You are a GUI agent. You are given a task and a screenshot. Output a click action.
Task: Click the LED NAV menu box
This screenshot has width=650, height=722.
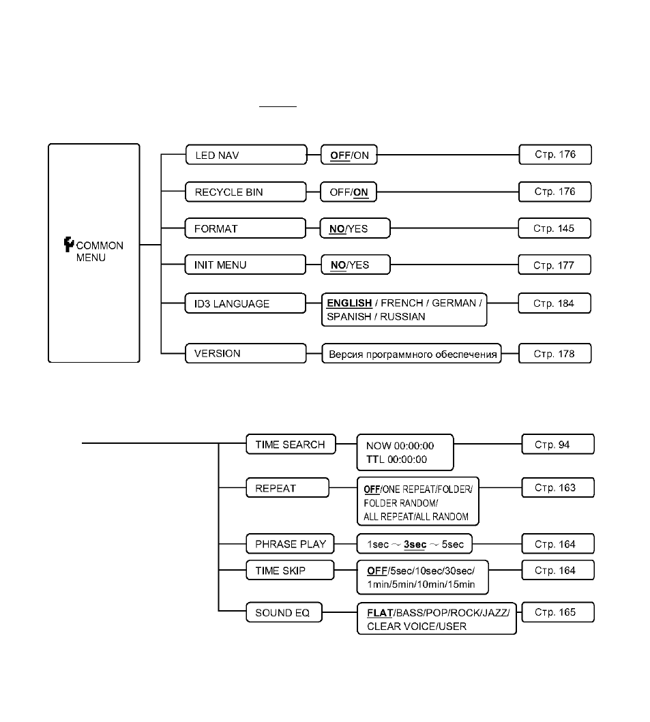point(246,155)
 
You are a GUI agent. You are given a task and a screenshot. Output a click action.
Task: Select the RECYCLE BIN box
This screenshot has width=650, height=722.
point(246,192)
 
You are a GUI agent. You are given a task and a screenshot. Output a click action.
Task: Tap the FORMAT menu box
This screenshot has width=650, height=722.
point(245,228)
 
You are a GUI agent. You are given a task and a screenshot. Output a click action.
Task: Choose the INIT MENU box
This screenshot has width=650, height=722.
point(245,265)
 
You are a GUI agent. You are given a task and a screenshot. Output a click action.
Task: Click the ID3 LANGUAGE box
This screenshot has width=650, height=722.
point(245,303)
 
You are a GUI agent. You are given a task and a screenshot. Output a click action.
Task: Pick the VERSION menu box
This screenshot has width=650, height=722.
point(246,353)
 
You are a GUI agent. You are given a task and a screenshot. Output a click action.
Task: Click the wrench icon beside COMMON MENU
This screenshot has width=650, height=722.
point(69,245)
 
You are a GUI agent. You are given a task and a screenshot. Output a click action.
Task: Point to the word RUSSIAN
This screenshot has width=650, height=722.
point(402,317)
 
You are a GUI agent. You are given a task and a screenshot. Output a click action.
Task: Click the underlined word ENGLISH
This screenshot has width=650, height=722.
point(349,303)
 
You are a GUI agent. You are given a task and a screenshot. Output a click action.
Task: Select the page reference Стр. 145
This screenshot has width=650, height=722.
point(555,228)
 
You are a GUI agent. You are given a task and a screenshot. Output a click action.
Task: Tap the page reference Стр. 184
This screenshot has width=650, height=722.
point(555,303)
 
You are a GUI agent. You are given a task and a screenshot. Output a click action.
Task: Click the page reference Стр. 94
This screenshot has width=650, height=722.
point(558,445)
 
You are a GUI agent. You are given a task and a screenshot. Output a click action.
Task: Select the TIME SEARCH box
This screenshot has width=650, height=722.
point(291,445)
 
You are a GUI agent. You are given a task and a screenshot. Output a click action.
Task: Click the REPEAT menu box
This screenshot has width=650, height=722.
point(287,488)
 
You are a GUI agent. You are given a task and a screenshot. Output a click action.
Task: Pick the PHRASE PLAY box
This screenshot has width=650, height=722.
point(291,544)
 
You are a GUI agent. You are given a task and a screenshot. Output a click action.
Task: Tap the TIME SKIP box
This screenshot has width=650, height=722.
point(291,571)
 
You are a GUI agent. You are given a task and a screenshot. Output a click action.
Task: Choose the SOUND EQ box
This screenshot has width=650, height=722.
point(284,612)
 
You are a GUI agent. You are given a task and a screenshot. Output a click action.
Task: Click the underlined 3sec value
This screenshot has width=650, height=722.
point(415,545)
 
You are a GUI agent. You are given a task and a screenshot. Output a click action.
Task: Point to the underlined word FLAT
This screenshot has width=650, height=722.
point(380,613)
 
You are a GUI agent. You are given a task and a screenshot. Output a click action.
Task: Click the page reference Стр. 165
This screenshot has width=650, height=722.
point(558,612)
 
